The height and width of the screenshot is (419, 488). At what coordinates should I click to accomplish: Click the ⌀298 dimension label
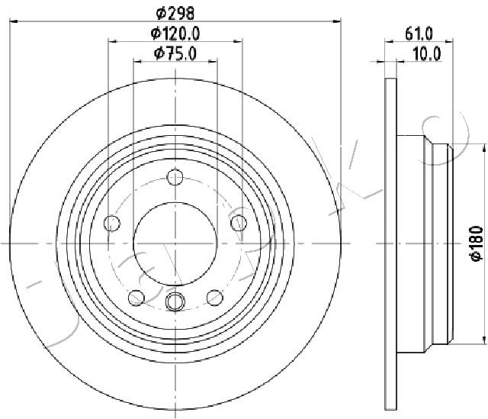tap(175, 13)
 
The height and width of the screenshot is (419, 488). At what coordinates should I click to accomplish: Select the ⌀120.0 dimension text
tap(175, 34)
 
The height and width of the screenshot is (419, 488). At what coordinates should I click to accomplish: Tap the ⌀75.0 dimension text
tap(175, 53)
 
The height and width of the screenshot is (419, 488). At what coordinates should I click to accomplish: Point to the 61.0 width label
tap(419, 34)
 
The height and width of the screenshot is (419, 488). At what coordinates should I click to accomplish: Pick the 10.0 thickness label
tap(427, 53)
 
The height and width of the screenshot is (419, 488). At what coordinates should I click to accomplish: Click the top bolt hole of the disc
tap(175, 177)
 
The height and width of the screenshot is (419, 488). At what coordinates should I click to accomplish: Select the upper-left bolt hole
tap(112, 223)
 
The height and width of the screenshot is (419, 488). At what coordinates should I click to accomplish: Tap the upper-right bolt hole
tap(239, 223)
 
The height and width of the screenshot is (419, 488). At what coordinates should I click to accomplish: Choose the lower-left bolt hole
tap(136, 298)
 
